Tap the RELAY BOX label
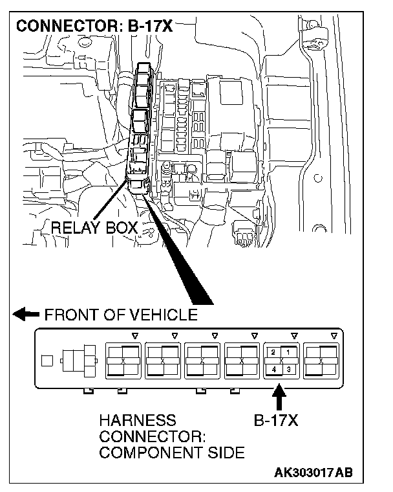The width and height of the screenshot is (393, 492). tap(94, 228)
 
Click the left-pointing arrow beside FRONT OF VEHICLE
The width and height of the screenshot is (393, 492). tap(27, 315)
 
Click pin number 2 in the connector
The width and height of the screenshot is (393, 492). tap(274, 352)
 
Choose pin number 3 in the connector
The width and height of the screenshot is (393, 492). tap(288, 369)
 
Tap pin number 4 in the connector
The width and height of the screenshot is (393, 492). tap(274, 369)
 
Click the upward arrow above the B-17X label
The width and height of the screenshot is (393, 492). tap(279, 396)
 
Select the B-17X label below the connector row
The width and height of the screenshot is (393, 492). tap(275, 421)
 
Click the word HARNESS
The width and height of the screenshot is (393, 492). tap(136, 421)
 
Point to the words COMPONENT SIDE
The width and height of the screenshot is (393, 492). tap(172, 453)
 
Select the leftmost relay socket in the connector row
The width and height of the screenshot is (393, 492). tap(123, 361)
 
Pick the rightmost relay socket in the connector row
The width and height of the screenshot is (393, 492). tap(321, 361)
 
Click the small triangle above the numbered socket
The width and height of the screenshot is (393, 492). tap(294, 335)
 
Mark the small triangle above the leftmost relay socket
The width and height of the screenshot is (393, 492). tap(134, 335)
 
